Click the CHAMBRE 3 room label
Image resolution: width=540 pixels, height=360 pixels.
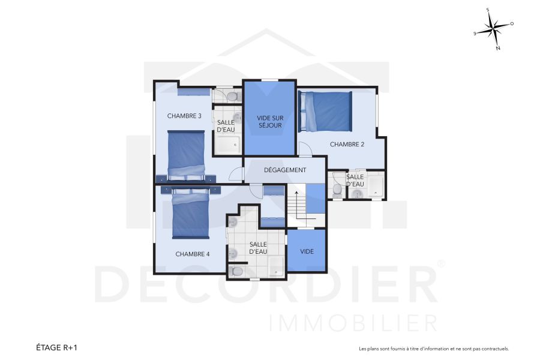click(184, 116)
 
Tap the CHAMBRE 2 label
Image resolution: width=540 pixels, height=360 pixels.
click(347, 144)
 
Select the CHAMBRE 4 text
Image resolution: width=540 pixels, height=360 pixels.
click(193, 254)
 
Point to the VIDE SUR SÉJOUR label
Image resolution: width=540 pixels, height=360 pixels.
click(269, 122)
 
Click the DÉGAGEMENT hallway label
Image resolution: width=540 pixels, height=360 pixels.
click(285, 170)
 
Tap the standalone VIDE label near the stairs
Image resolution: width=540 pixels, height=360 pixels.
click(307, 251)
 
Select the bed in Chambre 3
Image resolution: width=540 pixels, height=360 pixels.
click(186, 156)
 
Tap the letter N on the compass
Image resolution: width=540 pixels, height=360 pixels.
click(498, 49)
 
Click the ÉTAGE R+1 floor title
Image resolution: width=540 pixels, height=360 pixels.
click(57, 347)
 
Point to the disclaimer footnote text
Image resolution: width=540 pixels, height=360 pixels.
click(433, 349)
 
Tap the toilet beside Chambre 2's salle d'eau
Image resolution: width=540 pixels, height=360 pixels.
click(337, 190)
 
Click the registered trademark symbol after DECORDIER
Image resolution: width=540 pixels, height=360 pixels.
click(441, 264)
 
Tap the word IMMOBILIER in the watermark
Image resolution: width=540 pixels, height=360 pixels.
click(353, 322)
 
